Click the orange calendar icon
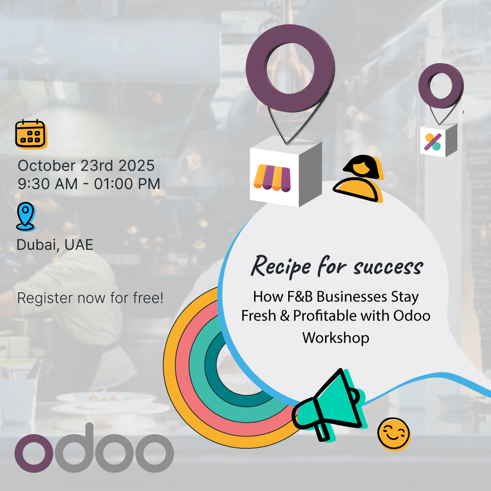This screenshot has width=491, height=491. tap(31, 134)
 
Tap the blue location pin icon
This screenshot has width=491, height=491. tap(25, 217)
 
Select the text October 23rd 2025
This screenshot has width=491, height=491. tap(86, 165)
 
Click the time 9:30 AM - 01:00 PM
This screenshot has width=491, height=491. tap(89, 184)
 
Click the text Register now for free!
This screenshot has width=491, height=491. tap(90, 298)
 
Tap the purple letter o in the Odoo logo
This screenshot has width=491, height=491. tap(34, 453)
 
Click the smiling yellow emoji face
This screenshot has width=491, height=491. tap(394, 434)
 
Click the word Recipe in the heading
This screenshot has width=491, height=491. tap(281, 266)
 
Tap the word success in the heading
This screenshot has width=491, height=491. tap(388, 267)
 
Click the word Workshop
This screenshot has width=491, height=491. tap(336, 337)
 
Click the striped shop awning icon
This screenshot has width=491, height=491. tap(272, 178)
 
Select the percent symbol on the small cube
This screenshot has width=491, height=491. tap(433, 142)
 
